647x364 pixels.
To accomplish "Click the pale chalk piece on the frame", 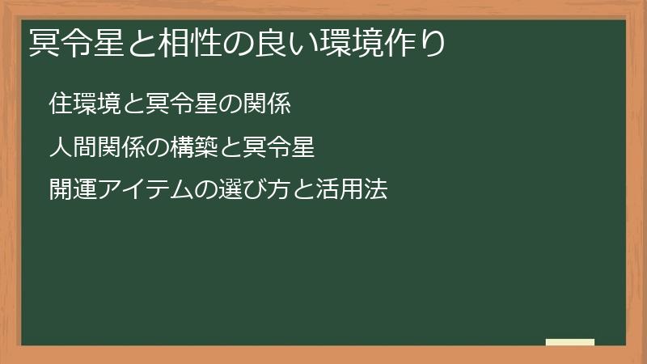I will click(570, 342).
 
